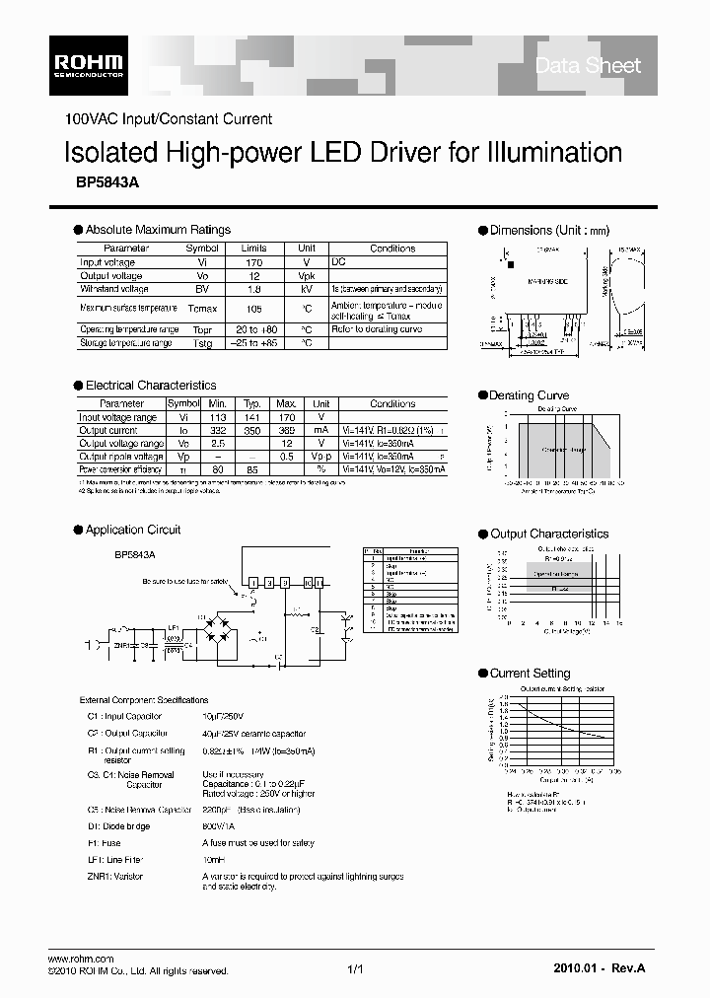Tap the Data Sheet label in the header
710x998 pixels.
tap(587, 65)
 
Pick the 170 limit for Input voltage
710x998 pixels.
tap(253, 263)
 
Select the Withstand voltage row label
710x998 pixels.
tap(114, 289)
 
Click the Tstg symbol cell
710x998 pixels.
tap(202, 343)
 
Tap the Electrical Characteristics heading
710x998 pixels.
tap(151, 386)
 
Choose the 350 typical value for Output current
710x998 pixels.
tap(251, 430)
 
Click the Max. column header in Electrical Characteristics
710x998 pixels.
tap(286, 404)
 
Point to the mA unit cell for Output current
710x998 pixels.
tap(321, 430)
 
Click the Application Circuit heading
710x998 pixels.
tap(133, 530)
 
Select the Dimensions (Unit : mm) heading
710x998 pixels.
tap(550, 230)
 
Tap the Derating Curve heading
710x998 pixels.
tap(529, 395)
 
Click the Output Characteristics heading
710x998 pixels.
tap(549, 534)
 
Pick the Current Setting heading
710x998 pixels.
tap(530, 674)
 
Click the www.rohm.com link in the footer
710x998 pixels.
tap(82, 960)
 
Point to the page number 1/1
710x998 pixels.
tap(356, 970)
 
